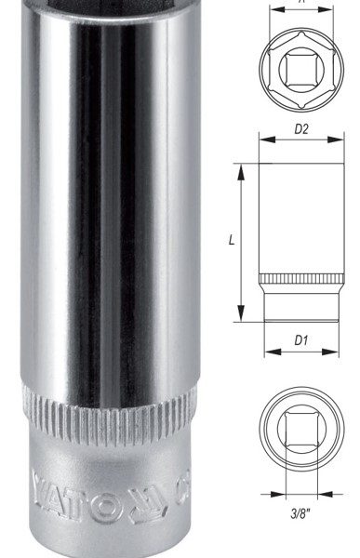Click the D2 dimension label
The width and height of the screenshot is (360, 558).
coord(301,129)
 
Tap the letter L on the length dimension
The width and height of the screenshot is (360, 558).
coord(231,240)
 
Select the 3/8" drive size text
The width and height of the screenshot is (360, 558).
coord(301,510)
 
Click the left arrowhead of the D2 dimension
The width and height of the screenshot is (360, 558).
coord(262,141)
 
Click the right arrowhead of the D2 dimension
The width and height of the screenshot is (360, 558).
coord(340,141)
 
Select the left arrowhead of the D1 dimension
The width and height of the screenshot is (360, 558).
coord(268,352)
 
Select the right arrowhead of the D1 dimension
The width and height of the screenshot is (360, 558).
coord(334,352)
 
